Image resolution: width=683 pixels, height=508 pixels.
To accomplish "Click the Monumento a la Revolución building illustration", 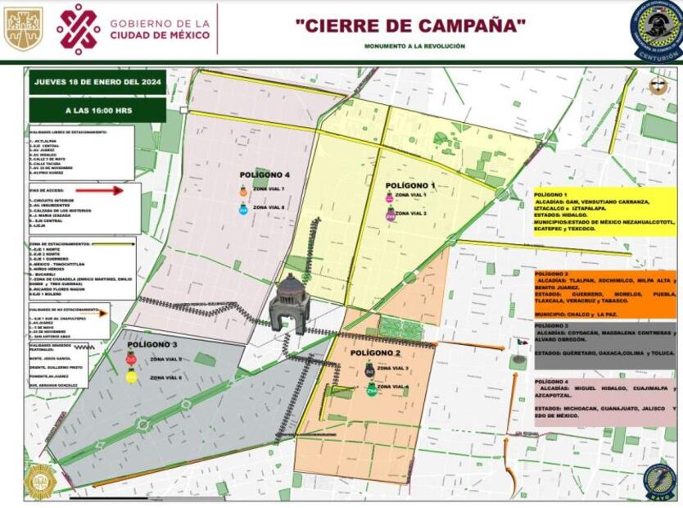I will click(x=290, y=304).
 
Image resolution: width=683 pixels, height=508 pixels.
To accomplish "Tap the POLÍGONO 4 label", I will click(x=265, y=175).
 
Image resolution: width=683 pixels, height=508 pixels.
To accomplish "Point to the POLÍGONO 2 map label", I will click(x=376, y=353).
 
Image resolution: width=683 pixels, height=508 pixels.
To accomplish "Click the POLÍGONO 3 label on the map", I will click(x=152, y=345).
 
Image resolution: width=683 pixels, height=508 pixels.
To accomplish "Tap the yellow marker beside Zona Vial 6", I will click(x=131, y=377).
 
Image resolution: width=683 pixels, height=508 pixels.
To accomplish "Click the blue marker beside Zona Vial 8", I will click(x=243, y=209).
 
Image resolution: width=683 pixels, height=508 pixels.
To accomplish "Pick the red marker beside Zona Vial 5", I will click(x=131, y=360).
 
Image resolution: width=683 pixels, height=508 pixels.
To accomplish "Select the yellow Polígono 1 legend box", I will click(x=604, y=211).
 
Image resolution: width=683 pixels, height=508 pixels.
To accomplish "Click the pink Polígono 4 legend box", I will click(x=604, y=401).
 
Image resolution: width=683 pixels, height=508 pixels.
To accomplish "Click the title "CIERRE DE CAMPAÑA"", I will click(x=410, y=26).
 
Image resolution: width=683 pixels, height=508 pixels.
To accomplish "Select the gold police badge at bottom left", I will click(x=39, y=482).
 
